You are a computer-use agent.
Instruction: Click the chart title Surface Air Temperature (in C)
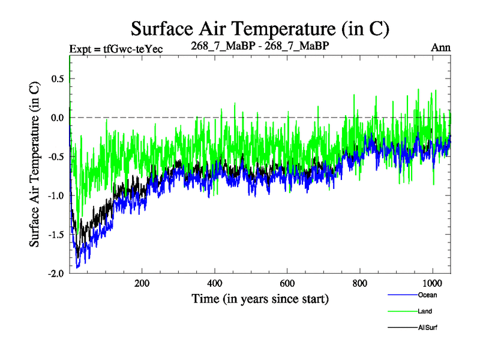click(x=260, y=28)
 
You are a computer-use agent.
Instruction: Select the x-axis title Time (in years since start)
click(x=260, y=298)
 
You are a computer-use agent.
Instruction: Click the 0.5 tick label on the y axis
click(x=57, y=79)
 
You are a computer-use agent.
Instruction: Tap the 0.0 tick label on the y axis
click(x=57, y=118)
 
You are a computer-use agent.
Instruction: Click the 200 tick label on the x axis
click(x=142, y=284)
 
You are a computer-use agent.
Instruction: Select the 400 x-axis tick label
click(x=215, y=284)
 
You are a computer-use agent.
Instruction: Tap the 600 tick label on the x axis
click(x=287, y=284)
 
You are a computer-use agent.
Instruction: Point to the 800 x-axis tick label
click(x=360, y=284)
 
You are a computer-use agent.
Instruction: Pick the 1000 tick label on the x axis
click(x=432, y=284)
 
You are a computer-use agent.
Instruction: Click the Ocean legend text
click(x=427, y=295)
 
